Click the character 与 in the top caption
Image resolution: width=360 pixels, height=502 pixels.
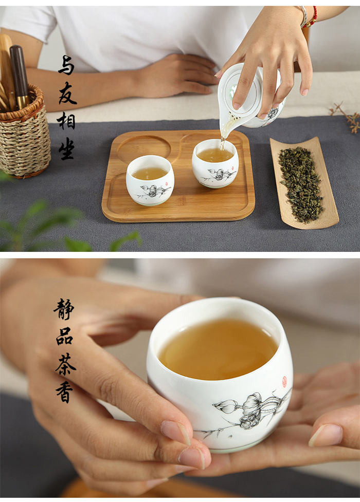66,65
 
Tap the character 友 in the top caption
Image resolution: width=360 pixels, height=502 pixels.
67,92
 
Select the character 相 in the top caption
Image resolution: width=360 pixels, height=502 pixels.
66,121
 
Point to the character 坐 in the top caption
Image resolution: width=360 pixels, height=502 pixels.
67,148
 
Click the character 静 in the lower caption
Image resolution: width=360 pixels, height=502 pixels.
64,309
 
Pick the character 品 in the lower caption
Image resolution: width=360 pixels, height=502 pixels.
64,336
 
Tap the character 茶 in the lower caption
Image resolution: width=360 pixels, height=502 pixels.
66,364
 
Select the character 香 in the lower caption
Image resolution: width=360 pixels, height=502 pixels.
64,392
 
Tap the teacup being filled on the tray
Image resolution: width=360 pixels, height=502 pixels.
215,163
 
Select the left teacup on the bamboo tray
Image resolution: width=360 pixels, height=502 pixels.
150,180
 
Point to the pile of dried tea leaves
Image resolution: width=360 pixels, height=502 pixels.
301,184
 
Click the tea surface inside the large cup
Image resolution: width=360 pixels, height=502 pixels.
218,349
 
